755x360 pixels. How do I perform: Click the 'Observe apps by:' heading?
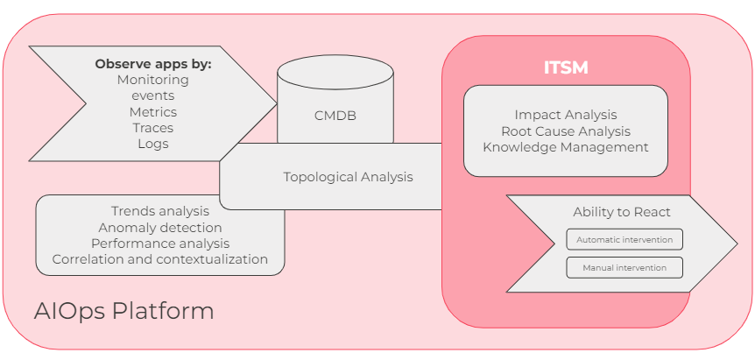(153, 64)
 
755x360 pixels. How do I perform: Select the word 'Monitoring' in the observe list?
(153, 80)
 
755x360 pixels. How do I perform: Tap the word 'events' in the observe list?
(153, 95)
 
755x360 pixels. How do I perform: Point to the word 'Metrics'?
(153, 112)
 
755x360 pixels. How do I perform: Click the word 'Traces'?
(153, 128)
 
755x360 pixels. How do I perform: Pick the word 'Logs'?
(153, 144)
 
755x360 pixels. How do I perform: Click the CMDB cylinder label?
(335, 115)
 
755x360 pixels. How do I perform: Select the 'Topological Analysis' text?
(348, 177)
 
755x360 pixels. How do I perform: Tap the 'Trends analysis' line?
(160, 211)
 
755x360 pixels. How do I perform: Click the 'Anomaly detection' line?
(160, 227)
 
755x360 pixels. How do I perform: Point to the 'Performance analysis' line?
(160, 243)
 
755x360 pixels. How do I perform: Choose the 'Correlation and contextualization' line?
(160, 259)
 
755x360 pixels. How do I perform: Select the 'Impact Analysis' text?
(566, 115)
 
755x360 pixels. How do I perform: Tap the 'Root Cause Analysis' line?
(566, 131)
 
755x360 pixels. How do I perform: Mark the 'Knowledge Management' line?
(566, 147)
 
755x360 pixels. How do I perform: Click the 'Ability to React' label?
(622, 212)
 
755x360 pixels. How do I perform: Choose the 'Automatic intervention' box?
(624, 239)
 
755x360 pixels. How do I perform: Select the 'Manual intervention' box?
(624, 267)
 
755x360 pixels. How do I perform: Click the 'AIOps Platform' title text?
(123, 311)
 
